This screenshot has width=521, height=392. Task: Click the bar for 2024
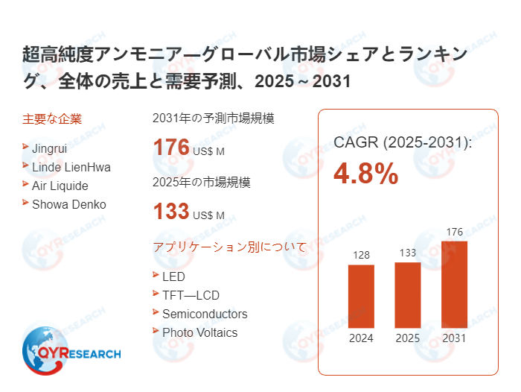click(x=361, y=296)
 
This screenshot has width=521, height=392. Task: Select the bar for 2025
click(x=408, y=294)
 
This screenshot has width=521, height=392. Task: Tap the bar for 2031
click(x=454, y=284)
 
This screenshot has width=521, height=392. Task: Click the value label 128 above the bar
click(x=361, y=256)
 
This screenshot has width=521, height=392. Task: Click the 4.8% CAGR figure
click(x=365, y=174)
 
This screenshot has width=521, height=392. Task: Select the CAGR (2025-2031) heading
click(x=402, y=142)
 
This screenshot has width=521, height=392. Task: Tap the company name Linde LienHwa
click(x=71, y=167)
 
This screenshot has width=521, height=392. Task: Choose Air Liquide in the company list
click(x=60, y=186)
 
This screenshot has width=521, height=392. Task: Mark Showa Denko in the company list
click(x=68, y=204)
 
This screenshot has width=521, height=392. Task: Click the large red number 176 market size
click(x=171, y=148)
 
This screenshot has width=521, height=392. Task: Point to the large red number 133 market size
click(x=171, y=212)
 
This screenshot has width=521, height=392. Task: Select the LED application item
click(x=173, y=276)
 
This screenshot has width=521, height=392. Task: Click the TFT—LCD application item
click(x=191, y=295)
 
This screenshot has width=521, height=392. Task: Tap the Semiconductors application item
click(x=205, y=314)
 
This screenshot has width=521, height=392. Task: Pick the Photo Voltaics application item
click(x=199, y=332)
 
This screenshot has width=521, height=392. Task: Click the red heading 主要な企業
click(x=52, y=118)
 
